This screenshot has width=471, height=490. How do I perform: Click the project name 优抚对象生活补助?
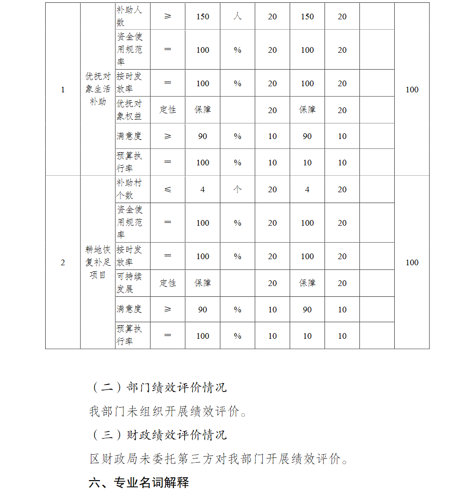coord(97,89)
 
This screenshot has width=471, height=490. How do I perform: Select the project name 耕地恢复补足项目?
coord(97,262)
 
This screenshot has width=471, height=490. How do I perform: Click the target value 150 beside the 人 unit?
coord(203,16)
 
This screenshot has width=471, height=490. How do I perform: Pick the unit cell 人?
coord(237,16)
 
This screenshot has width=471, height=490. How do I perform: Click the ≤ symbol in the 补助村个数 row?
coord(168,189)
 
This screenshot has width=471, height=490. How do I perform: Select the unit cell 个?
coord(237,189)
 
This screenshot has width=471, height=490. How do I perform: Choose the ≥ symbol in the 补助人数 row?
coord(168,16)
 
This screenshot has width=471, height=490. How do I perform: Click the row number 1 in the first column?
coord(63,90)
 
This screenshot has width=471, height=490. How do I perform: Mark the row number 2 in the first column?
coord(63,262)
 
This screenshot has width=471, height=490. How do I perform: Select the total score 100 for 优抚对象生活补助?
coord(412,90)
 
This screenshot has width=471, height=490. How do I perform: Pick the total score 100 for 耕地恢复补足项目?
coord(412,262)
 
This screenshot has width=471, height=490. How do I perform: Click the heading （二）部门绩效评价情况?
coord(158,387)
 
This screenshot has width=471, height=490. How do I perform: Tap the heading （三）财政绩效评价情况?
coord(158,435)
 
